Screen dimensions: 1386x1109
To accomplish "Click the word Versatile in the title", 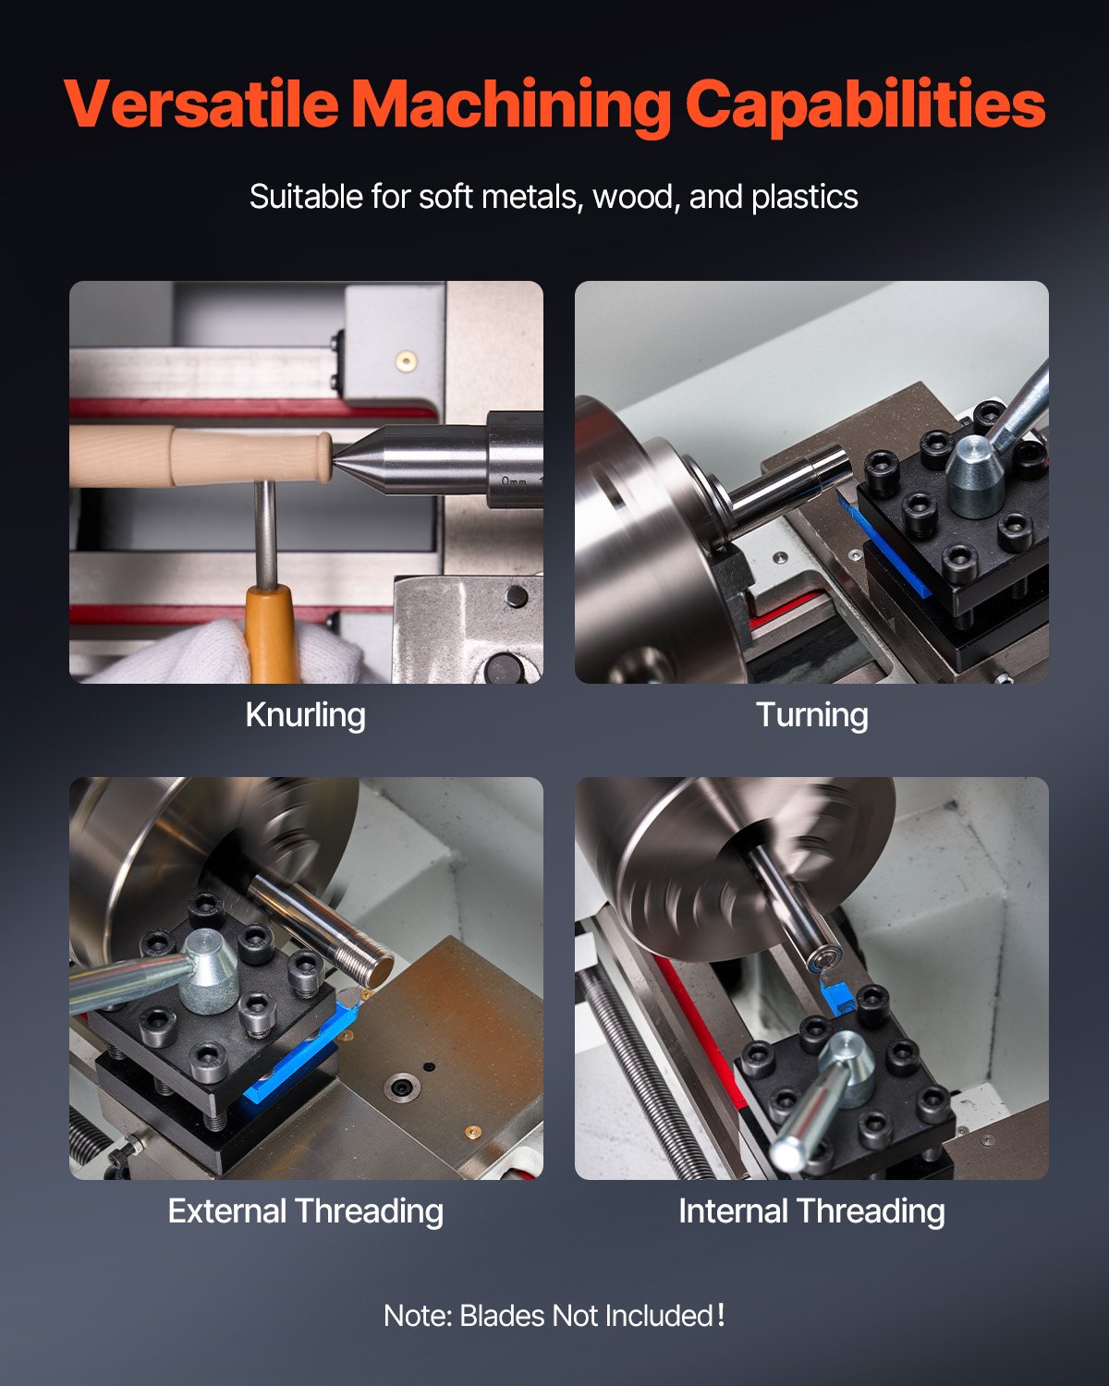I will click(x=201, y=104).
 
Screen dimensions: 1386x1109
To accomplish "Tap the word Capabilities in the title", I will click(x=865, y=104).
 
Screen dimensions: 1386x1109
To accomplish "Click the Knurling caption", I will click(x=305, y=714).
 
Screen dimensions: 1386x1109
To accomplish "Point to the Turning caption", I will click(x=811, y=714).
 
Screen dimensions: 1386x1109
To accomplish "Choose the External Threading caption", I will click(x=305, y=1210).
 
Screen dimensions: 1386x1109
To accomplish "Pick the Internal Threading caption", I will click(x=811, y=1210).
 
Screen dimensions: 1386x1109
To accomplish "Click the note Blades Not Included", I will click(x=554, y=1315).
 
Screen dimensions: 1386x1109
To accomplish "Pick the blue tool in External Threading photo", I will click(x=296, y=1063).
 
